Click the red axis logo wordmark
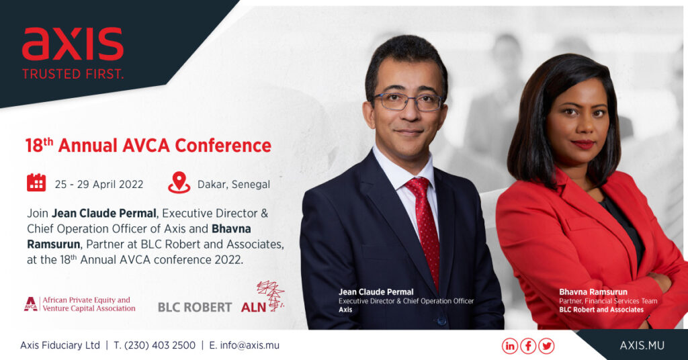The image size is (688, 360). pyautogui.click(x=73, y=44)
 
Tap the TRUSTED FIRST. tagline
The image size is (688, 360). pyautogui.click(x=73, y=73)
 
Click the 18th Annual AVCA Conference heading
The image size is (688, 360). pyautogui.click(x=148, y=146)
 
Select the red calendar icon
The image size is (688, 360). pyautogui.click(x=36, y=183)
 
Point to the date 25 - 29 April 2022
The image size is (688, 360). pyautogui.click(x=99, y=185)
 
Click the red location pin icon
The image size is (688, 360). pyautogui.click(x=179, y=183)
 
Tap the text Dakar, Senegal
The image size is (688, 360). pyautogui.click(x=234, y=185)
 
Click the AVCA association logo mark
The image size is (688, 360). pyautogui.click(x=31, y=304)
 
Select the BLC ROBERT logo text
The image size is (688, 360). pyautogui.click(x=195, y=308)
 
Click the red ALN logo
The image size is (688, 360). pyautogui.click(x=263, y=298)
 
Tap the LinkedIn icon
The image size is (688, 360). pyautogui.click(x=510, y=346)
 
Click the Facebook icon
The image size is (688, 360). pyautogui.click(x=528, y=346)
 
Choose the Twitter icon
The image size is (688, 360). pyautogui.click(x=546, y=346)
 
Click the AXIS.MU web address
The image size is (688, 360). pyautogui.click(x=642, y=345)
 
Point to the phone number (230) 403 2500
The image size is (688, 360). pyautogui.click(x=160, y=345)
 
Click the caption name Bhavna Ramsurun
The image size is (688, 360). pyautogui.click(x=593, y=292)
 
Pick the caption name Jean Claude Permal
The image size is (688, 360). pyautogui.click(x=376, y=292)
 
